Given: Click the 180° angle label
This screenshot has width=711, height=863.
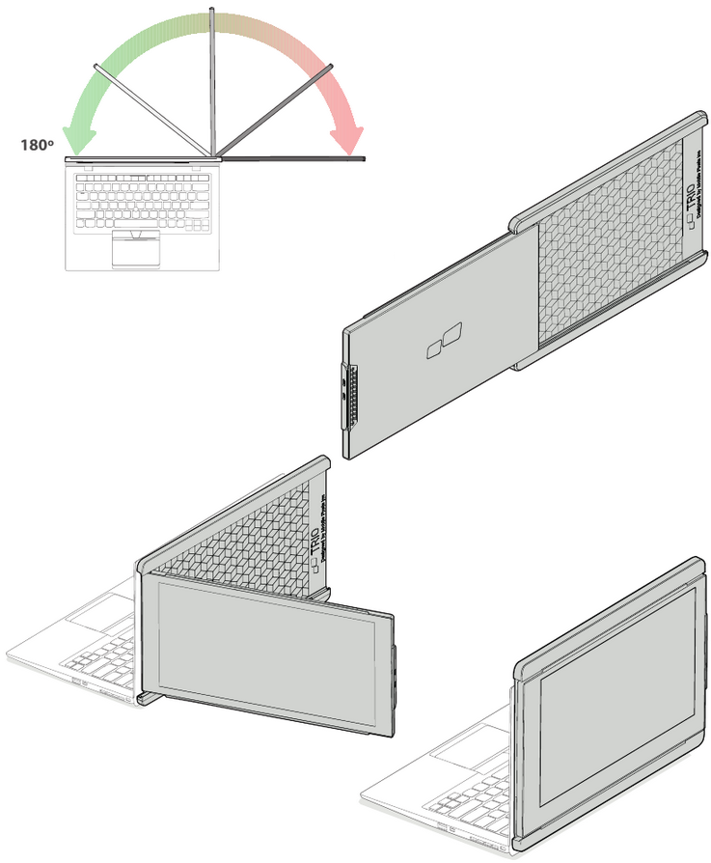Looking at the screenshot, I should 36,146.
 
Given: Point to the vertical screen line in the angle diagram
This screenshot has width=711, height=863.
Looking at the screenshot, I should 211,77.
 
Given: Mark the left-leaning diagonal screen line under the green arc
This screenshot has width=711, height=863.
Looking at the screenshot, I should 150,106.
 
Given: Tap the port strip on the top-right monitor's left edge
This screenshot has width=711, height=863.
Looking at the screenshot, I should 348,396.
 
